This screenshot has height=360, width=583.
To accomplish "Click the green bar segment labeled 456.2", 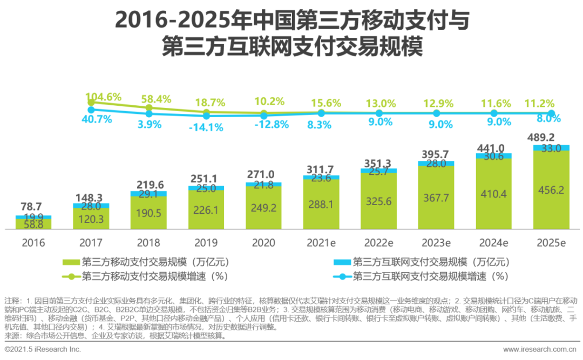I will [x=551, y=191].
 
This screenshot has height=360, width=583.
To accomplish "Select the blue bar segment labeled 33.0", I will [x=551, y=148].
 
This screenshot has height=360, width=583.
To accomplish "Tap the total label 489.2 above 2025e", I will [x=550, y=137].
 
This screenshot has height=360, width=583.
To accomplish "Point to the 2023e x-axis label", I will [x=436, y=243].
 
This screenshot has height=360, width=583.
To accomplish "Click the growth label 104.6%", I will [x=104, y=98].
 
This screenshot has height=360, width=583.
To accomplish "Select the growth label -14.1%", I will [x=207, y=127].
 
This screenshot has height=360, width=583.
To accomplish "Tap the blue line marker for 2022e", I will [x=379, y=113].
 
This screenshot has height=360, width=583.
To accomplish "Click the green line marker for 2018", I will [x=149, y=107].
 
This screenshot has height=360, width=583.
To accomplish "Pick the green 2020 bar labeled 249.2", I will [x=263, y=208].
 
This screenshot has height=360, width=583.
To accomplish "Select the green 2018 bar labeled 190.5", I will [x=148, y=213].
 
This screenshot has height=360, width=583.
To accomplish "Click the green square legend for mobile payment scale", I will [x=71, y=263].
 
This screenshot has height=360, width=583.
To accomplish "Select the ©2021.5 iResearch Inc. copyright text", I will [x=43, y=350].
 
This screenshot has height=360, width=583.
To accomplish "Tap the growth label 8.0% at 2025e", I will [x=550, y=119].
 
